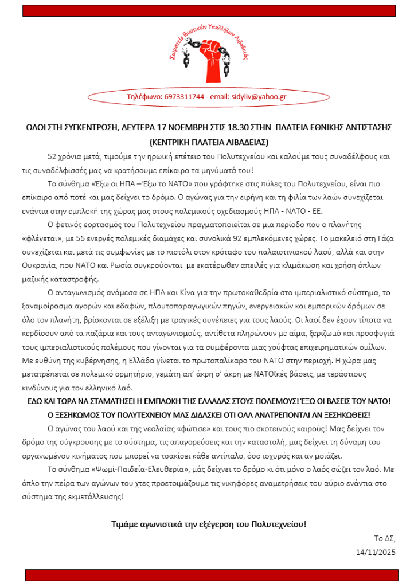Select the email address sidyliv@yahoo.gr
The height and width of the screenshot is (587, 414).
[x=259, y=97]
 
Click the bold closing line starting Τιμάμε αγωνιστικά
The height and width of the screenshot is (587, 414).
[x=209, y=524]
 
